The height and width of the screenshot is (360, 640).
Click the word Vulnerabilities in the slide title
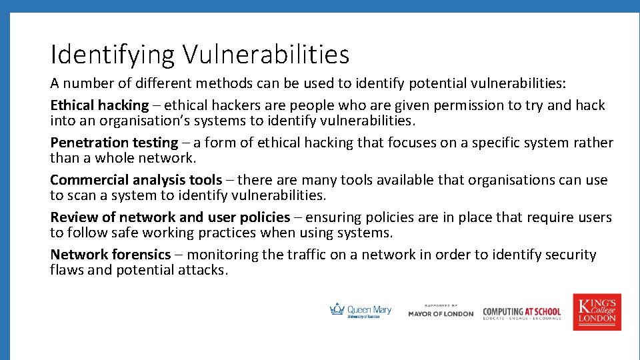[x=267, y=55]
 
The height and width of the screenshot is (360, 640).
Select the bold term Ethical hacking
[x=99, y=105]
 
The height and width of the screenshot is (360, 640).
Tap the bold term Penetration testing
[x=114, y=143]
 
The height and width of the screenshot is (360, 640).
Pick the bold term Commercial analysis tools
[x=136, y=180]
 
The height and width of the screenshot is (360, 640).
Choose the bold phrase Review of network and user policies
[x=170, y=217]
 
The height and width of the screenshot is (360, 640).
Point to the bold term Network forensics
[x=111, y=255]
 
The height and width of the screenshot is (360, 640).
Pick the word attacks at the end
[x=203, y=270]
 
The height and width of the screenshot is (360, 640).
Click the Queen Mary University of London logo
[x=361, y=311]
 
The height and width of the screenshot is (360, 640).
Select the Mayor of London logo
[x=441, y=311]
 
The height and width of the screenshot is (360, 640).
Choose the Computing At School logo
[x=522, y=312]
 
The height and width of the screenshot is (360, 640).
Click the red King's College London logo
[x=597, y=311]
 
